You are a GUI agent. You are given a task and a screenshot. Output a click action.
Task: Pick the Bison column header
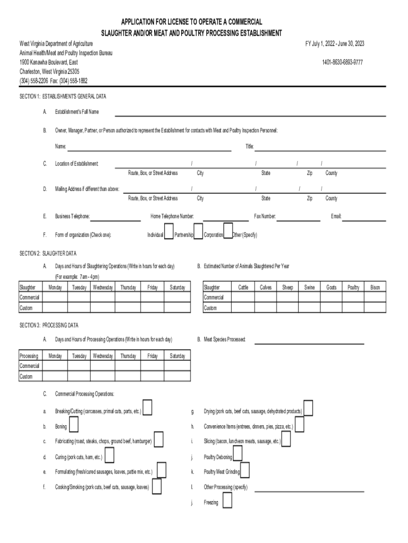[375, 287]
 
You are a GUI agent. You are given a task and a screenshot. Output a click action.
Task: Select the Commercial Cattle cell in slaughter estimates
[243, 297]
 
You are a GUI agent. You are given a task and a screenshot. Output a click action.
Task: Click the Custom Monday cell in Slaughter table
[55, 308]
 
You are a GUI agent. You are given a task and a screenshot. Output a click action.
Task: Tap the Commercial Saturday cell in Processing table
[177, 366]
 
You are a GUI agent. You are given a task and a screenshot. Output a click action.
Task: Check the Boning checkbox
[75, 425]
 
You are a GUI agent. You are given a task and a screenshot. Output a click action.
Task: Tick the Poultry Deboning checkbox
[237, 454]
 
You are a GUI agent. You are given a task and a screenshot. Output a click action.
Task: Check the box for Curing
[110, 456]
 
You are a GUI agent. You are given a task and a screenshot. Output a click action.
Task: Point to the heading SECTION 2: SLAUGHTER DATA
[48, 253]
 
